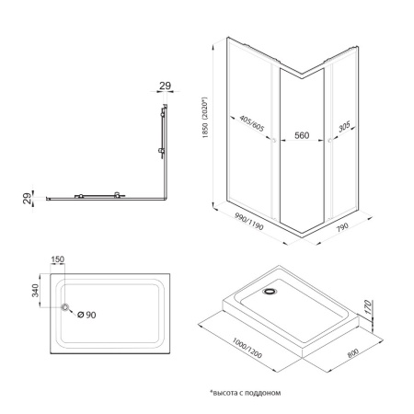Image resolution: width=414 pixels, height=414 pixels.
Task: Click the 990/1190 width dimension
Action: pos(244,225)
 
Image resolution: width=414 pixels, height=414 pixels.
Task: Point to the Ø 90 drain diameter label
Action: pos(86,315)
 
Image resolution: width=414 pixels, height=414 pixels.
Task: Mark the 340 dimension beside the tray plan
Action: pos(35,292)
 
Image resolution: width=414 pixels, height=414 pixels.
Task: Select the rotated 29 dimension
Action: pos(28,198)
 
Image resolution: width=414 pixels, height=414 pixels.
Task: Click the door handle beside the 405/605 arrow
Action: pos(273,140)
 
